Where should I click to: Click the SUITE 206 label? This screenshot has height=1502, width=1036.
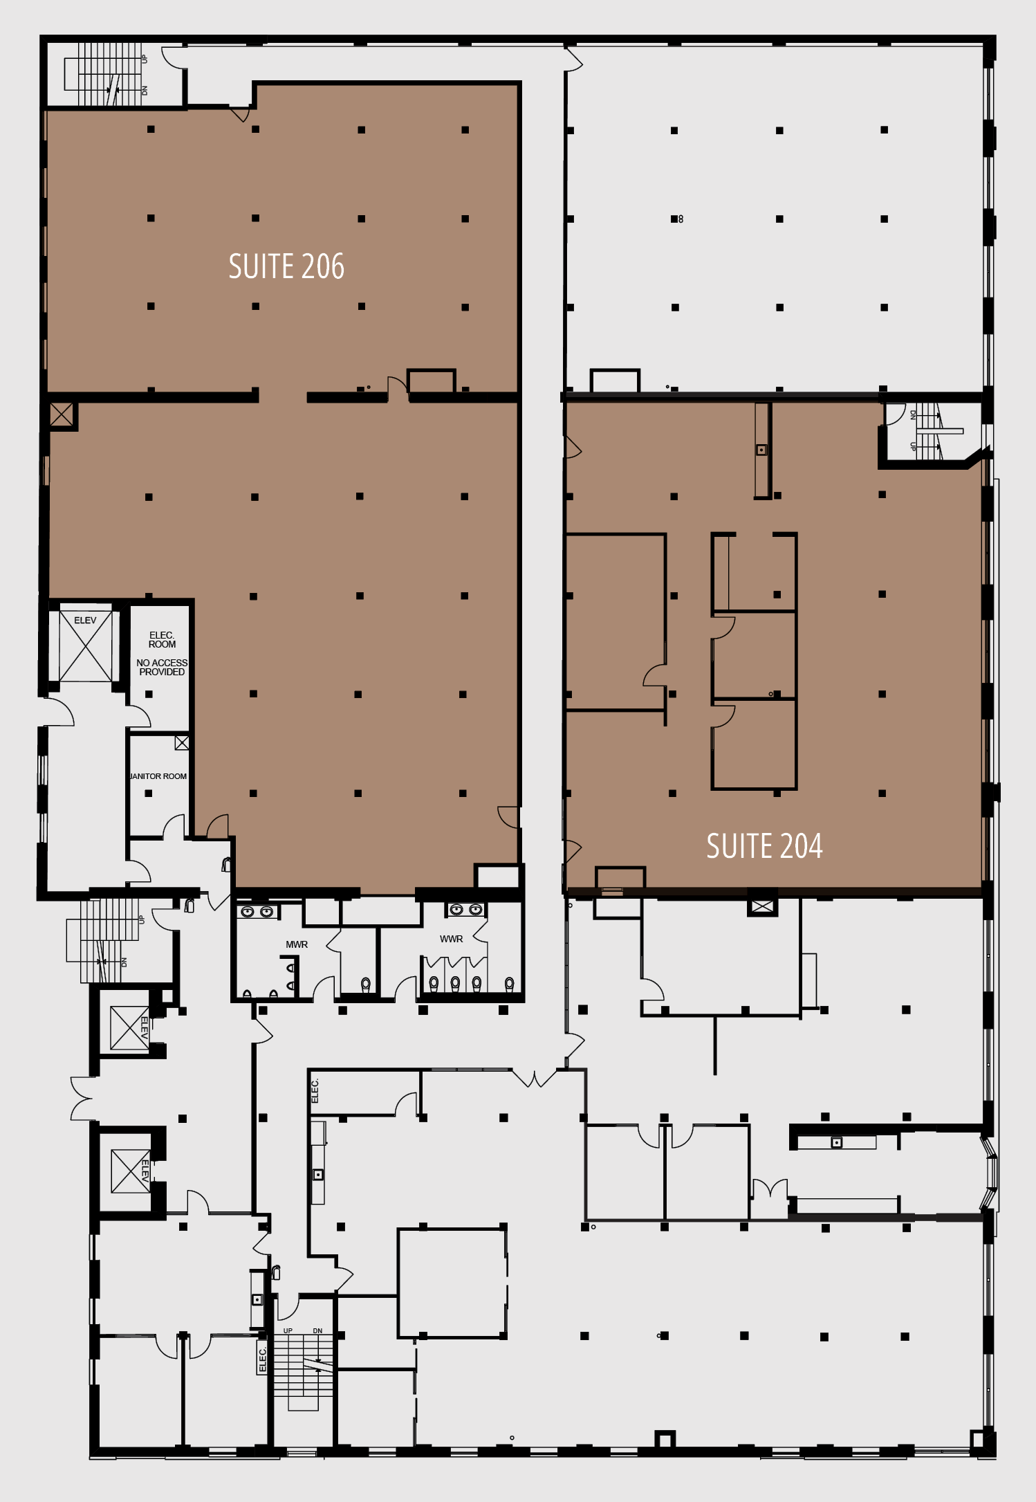coord(286,267)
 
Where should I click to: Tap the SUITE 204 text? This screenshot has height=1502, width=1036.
coord(764,846)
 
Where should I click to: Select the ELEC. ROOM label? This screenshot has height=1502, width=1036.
coord(162,639)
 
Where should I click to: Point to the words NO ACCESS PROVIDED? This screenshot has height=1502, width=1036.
coord(162,667)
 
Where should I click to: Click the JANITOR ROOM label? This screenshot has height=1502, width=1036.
coord(158,776)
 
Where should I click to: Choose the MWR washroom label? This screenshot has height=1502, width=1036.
coord(297,944)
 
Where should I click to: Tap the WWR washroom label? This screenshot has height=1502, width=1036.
coord(451,939)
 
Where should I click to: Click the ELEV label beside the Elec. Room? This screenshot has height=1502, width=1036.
coord(85,621)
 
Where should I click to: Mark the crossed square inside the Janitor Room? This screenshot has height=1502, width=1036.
coord(182,743)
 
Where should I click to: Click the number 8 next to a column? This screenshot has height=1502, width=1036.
coord(681,219)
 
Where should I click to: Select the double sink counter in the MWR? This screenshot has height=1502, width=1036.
coord(257,912)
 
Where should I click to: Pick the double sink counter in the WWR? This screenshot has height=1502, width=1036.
coord(465,909)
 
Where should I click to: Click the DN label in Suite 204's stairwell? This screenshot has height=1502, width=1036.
coord(913,415)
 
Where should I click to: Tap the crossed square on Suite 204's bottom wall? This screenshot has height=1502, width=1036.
coord(762,906)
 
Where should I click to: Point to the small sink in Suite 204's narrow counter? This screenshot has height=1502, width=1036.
coord(761,450)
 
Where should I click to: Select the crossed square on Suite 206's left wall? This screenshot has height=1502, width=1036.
coord(61,415)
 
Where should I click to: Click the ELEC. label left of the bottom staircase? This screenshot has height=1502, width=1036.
coord(262,1360)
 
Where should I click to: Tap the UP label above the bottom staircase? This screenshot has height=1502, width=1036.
coord(288,1330)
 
